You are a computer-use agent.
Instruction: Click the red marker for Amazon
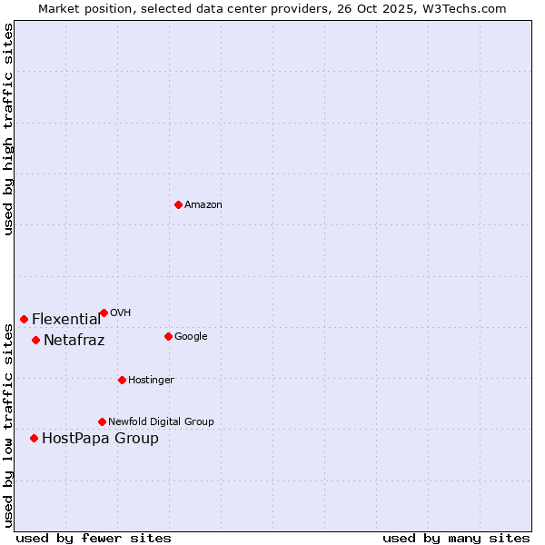[x=178, y=204]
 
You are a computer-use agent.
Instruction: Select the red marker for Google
[x=168, y=336]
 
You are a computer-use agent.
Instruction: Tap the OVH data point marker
[x=104, y=312]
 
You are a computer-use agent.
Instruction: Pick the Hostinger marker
[x=122, y=380]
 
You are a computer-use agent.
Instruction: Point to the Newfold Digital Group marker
[x=102, y=421]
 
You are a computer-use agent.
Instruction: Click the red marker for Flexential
[x=24, y=319]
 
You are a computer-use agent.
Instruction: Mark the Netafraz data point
[x=35, y=340]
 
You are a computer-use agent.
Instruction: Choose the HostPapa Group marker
[x=34, y=438]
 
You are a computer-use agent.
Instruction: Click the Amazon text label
[x=203, y=205]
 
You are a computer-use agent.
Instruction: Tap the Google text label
[x=191, y=337]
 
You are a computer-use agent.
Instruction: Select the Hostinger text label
[x=151, y=381]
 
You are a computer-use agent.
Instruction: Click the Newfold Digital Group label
[x=161, y=422]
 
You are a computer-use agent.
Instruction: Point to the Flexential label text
[x=66, y=320]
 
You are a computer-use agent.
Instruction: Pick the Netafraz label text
[x=74, y=341]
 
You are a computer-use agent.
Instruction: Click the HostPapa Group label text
[x=100, y=439]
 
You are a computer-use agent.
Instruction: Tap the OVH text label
[x=121, y=313]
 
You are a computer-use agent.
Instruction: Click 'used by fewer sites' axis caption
[x=94, y=538]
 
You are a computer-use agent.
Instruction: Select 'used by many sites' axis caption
[x=456, y=538]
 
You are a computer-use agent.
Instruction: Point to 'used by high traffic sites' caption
[x=8, y=129]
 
